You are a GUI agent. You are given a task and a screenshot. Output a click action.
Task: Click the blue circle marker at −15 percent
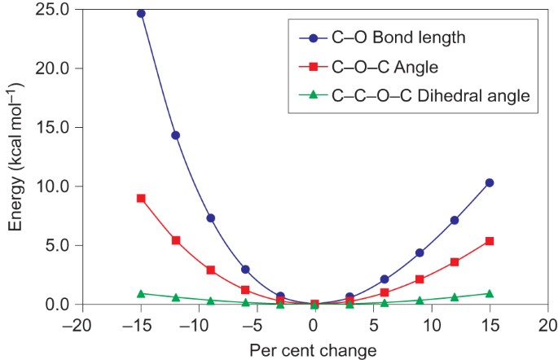[x=141, y=13]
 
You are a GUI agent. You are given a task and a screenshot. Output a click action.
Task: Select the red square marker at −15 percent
[x=141, y=198]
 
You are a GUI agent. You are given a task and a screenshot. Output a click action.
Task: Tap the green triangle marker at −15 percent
[x=141, y=293]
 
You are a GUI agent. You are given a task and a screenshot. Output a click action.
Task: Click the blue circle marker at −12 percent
[x=175, y=135]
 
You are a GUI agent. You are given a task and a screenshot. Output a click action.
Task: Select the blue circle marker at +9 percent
[x=420, y=252]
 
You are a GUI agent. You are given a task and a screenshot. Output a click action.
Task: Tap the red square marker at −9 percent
[x=210, y=270]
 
